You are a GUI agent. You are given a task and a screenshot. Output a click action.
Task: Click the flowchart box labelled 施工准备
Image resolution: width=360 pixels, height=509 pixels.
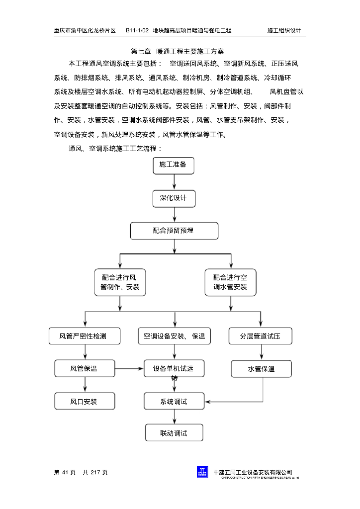click(x=173, y=165)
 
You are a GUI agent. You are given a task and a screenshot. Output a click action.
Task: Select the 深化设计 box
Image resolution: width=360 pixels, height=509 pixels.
click(x=174, y=198)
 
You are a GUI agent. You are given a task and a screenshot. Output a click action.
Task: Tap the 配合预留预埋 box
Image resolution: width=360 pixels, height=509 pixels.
click(x=174, y=231)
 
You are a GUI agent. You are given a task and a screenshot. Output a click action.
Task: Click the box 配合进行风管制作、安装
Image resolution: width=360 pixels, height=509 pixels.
click(x=120, y=282)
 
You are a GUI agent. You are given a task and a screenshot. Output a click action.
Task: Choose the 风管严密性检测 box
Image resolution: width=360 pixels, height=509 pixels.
click(x=85, y=336)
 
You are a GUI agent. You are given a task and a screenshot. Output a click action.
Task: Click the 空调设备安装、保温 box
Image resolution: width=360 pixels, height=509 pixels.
click(x=174, y=336)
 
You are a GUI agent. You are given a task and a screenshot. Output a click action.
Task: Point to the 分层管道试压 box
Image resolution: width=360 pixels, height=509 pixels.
click(x=260, y=336)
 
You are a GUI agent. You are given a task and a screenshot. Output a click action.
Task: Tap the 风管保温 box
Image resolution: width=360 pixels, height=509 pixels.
click(x=85, y=368)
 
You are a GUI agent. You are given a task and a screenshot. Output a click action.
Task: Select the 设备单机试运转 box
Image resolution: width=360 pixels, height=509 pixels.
click(x=174, y=368)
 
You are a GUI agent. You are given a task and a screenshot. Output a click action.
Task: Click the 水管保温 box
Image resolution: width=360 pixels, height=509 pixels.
click(x=261, y=369)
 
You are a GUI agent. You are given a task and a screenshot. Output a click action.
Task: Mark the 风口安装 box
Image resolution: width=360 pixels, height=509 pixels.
click(x=85, y=401)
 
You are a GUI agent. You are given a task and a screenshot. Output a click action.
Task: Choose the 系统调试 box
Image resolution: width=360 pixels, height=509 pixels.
click(x=174, y=401)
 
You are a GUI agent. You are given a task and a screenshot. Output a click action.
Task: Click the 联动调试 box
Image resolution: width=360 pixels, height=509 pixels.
click(x=174, y=433)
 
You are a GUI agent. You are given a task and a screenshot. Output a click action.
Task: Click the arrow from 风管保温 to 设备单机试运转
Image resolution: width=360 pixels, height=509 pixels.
click(x=129, y=368)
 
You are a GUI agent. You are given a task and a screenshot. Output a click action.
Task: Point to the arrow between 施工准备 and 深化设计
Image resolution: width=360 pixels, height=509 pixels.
click(x=174, y=181)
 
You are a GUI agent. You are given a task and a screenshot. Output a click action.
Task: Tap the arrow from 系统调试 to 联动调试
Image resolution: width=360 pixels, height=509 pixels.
click(x=174, y=417)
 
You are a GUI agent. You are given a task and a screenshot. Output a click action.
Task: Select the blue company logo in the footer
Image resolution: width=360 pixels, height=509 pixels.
click(x=202, y=472)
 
